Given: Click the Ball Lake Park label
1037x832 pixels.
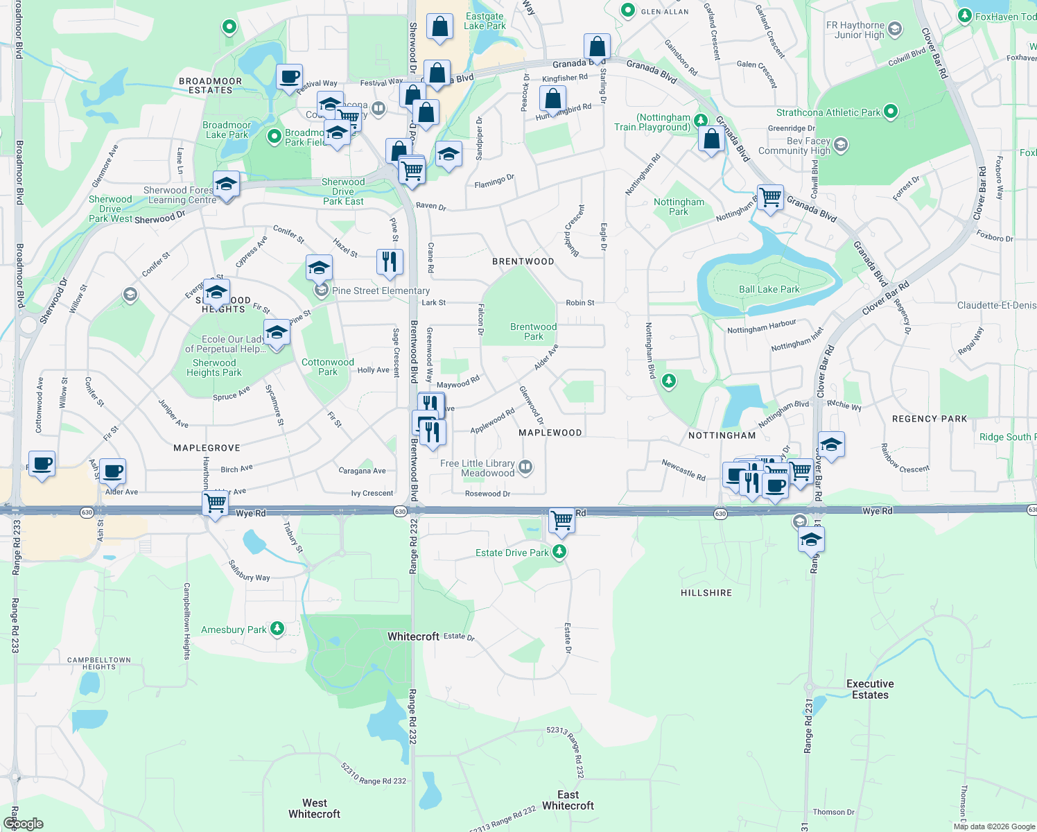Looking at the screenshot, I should click(769, 289).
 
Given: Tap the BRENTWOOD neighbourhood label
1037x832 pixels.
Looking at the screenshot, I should click(523, 261).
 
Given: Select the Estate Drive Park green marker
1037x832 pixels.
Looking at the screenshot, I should click(559, 552).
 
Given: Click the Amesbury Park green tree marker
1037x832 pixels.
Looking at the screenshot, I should click(277, 629).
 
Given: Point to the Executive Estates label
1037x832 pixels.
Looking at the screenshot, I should click(870, 689).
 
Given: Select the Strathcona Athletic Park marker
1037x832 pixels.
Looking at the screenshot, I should click(891, 111).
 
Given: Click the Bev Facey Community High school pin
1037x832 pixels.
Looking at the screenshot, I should click(841, 145).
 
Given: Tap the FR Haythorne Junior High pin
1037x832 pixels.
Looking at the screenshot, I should click(895, 29).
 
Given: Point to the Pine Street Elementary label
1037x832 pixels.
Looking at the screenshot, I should click(381, 291).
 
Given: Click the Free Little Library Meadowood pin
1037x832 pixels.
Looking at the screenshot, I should click(525, 467).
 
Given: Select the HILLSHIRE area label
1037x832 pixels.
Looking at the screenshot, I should click(706, 593).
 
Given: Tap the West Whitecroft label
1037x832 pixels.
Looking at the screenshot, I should click(314, 808).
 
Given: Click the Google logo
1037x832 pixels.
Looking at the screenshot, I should click(24, 823).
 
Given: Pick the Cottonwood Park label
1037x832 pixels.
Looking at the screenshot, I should click(328, 367).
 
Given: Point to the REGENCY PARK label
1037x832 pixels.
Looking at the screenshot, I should click(929, 419).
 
